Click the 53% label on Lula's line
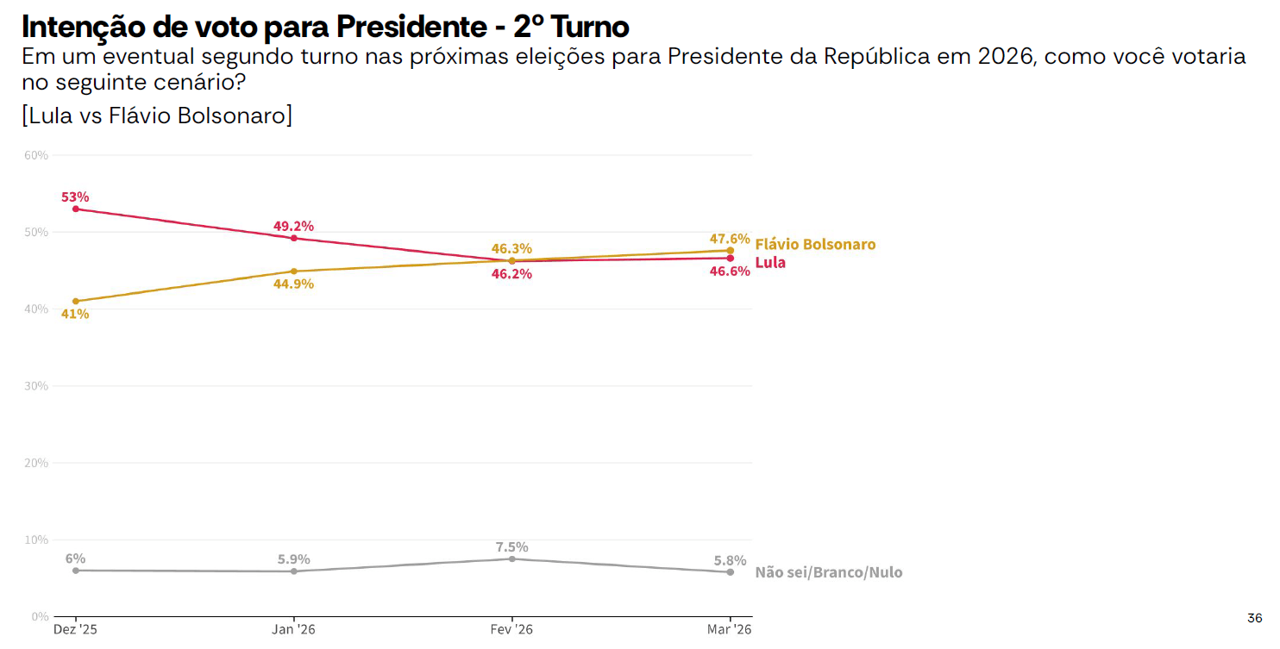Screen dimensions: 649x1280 75,197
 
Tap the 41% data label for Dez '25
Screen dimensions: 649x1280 75,314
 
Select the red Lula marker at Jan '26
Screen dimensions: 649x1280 294,238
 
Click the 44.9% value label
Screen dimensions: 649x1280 293,284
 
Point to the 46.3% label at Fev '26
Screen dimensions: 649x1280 511,248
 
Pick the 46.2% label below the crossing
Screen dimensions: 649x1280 511,274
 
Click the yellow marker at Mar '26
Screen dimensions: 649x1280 731,251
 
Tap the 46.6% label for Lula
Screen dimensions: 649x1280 730,271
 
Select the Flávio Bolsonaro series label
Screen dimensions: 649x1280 815,244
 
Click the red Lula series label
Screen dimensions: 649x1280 770,262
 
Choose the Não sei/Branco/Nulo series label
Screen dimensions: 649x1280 828,572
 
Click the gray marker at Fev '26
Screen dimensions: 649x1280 512,559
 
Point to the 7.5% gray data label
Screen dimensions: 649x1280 511,546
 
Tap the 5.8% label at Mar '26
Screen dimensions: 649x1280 730,560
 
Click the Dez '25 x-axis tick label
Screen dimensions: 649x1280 76,630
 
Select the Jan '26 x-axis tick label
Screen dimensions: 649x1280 294,630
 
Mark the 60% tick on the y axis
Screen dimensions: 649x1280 35,155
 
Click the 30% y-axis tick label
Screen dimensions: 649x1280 35,386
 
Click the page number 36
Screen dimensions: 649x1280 1254,618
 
